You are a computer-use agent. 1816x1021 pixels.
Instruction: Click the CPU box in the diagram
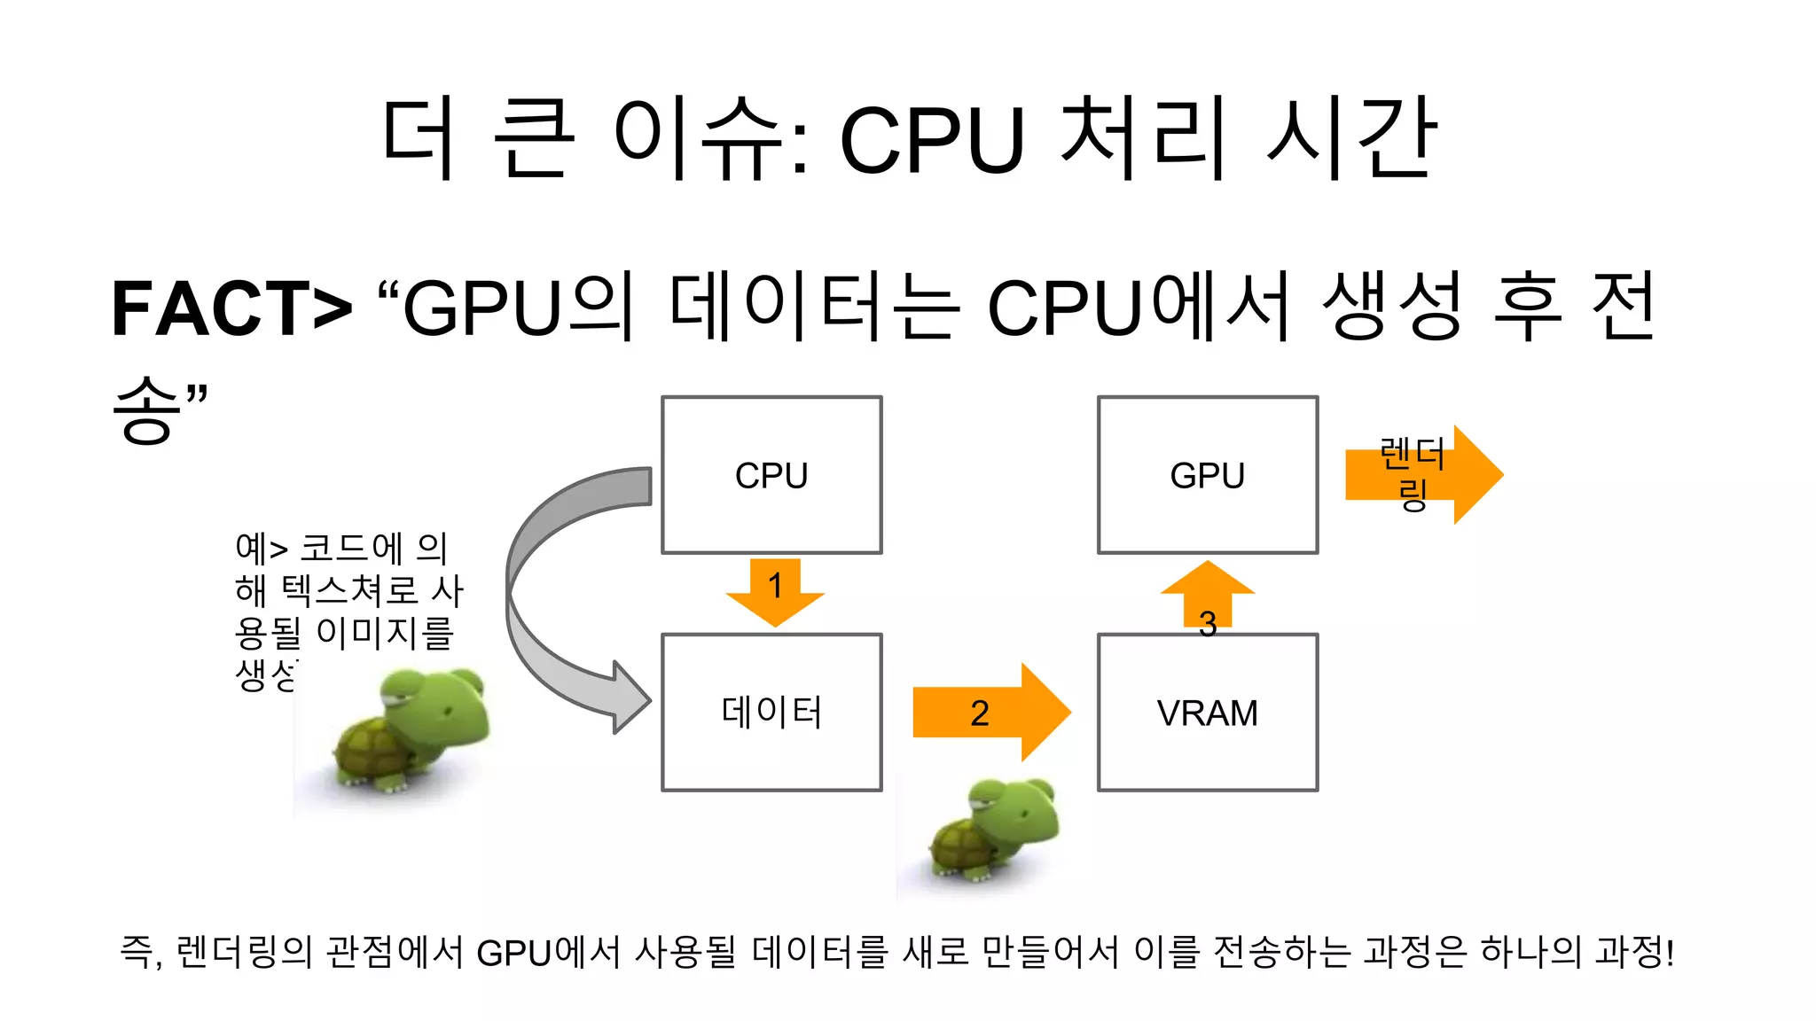[x=771, y=475]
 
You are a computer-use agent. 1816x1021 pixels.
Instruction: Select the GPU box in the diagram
[x=1208, y=475]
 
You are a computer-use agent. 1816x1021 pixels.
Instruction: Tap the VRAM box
[x=1208, y=713]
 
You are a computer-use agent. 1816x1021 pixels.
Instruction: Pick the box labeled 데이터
[x=771, y=713]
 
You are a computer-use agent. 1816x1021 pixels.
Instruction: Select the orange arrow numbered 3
[x=1208, y=598]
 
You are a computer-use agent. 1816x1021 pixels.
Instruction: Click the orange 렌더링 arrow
[x=1423, y=475]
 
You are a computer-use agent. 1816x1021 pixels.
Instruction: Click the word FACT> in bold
[x=231, y=308]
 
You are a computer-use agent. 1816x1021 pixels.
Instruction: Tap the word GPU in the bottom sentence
[x=514, y=953]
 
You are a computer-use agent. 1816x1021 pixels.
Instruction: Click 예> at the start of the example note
[x=262, y=549]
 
